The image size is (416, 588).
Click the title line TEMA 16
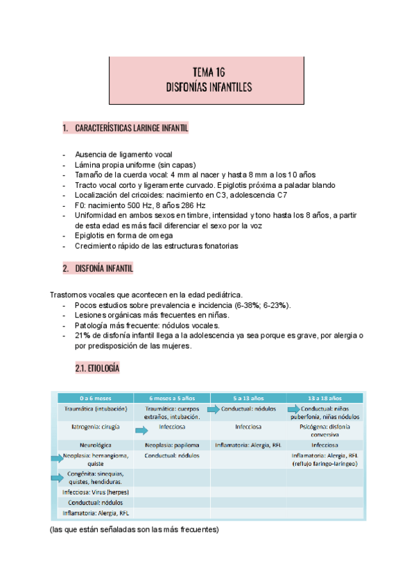[x=208, y=72]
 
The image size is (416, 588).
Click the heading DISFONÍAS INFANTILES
[x=208, y=87]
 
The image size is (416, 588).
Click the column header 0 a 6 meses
[x=95, y=399]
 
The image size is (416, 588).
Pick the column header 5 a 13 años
[x=248, y=399]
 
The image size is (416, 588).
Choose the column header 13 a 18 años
[x=324, y=399]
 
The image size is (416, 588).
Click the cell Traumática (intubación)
[x=95, y=409]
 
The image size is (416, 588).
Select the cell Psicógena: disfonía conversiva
[x=324, y=431]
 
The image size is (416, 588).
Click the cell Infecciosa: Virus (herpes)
[x=95, y=492]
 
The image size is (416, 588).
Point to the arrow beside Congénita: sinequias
[x=58, y=477]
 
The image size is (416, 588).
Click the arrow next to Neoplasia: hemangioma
[x=58, y=457]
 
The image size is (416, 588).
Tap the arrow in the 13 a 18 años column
[x=294, y=410]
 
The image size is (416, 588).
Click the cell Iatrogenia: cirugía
[x=95, y=427]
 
